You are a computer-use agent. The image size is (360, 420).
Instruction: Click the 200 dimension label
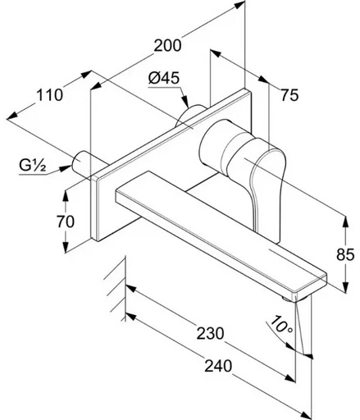coord(167,45)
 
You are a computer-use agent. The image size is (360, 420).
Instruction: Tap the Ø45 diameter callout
coord(164,78)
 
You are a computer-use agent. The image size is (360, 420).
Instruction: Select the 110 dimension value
coord(49,95)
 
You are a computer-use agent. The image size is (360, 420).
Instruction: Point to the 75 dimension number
coord(289,95)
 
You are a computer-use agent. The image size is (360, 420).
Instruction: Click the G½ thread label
coord(32,166)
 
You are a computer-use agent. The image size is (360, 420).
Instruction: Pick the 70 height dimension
coord(66,221)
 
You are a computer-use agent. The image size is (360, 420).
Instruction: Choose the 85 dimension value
coord(345,254)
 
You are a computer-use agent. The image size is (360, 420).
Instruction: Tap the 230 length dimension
coord(210,333)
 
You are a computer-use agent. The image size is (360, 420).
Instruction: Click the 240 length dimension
coord(218,366)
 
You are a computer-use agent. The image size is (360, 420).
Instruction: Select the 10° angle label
coord(281,325)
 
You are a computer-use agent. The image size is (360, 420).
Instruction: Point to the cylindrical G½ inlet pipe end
coord(80,162)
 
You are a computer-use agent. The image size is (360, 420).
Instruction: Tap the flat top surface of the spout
coord(221,231)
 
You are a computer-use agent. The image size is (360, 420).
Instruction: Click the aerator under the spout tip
coord(288,299)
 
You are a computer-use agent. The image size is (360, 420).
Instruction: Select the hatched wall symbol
coord(116,289)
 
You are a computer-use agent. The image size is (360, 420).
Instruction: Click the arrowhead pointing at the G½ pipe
coord(65,168)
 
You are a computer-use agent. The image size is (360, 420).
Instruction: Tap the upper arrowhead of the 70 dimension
coord(65,196)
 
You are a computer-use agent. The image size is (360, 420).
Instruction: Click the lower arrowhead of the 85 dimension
coord(346,287)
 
